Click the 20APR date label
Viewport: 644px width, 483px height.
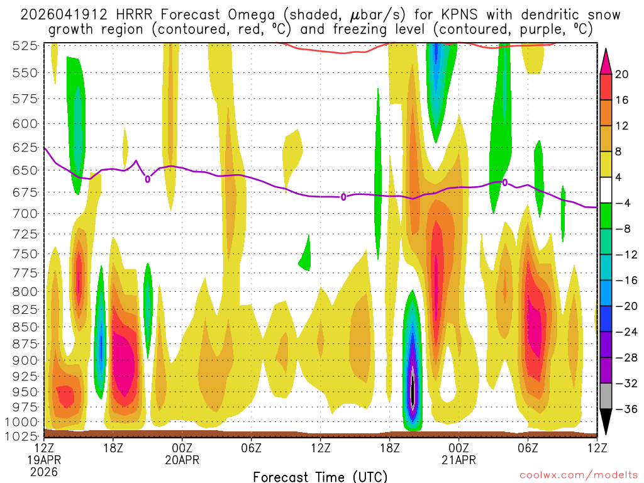(182, 460)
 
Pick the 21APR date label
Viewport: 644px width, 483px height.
(458, 460)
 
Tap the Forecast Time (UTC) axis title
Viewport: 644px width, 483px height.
(320, 476)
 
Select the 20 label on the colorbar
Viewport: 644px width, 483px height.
(622, 74)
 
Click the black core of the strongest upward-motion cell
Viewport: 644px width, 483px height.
(413, 393)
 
